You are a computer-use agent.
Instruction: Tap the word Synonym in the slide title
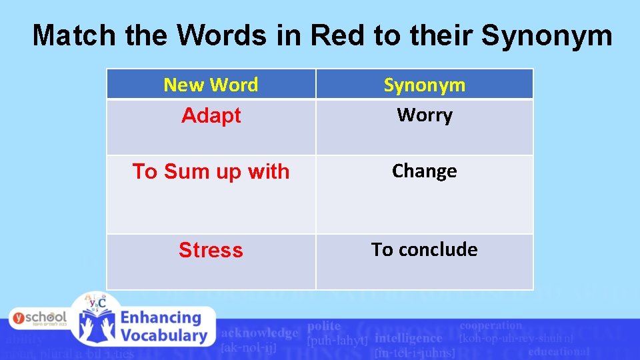click(x=546, y=35)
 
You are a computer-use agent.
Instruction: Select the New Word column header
click(x=211, y=85)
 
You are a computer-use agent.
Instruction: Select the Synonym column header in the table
click(x=424, y=85)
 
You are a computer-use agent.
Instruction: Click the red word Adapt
click(x=211, y=115)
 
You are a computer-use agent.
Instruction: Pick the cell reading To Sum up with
click(x=211, y=171)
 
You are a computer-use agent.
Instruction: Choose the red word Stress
click(x=211, y=250)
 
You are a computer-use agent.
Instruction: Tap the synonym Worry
click(x=424, y=115)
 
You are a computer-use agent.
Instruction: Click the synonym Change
click(x=424, y=171)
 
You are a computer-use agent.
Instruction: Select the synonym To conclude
click(x=424, y=249)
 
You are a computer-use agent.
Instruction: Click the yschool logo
click(x=38, y=318)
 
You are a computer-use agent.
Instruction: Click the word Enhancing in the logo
click(x=161, y=318)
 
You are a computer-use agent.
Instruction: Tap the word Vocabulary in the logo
click(x=163, y=336)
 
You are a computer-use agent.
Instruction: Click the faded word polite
click(x=324, y=326)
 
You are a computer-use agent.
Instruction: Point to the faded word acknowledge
click(x=259, y=333)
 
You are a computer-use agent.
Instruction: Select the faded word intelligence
click(x=409, y=338)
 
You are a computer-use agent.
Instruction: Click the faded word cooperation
click(x=491, y=325)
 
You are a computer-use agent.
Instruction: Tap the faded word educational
click(x=559, y=351)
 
